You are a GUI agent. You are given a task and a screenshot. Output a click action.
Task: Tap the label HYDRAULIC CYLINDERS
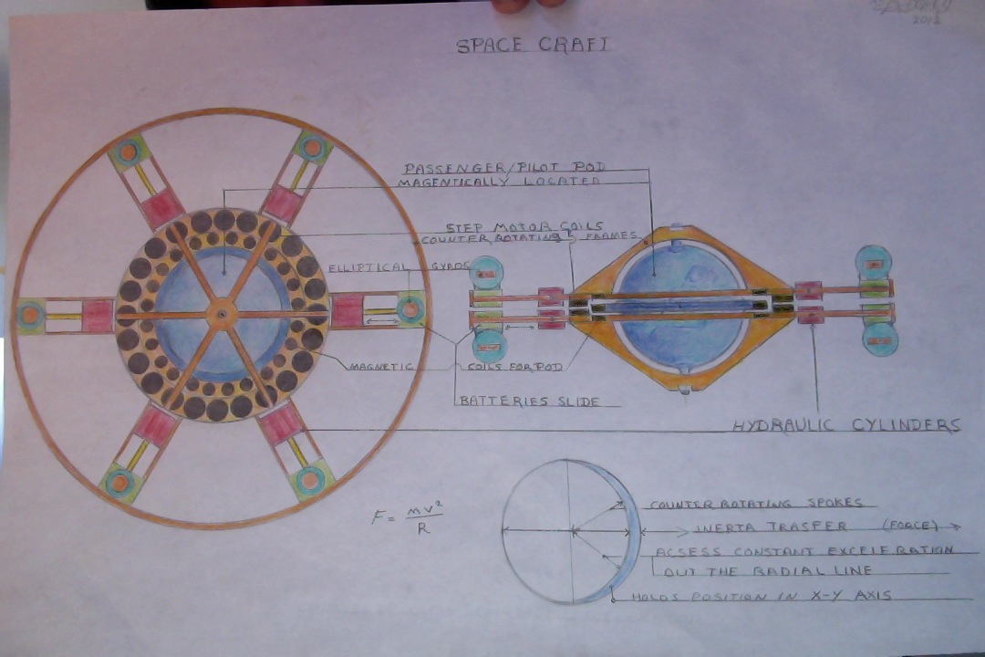pyautogui.click(x=847, y=425)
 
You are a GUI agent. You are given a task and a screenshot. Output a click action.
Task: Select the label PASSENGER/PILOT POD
pyautogui.click(x=504, y=168)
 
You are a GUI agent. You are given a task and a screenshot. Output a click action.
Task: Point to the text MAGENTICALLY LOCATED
pyautogui.click(x=499, y=182)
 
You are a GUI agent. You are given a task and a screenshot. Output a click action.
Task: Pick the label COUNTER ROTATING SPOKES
pyautogui.click(x=756, y=503)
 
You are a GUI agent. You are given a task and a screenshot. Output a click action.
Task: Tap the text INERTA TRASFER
pyautogui.click(x=772, y=527)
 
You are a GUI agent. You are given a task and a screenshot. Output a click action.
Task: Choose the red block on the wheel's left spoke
pyautogui.click(x=98, y=316)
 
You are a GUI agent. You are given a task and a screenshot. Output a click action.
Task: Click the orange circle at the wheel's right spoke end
pyautogui.click(x=411, y=310)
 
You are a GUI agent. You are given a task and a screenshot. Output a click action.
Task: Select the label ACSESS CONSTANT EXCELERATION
pyautogui.click(x=803, y=551)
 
